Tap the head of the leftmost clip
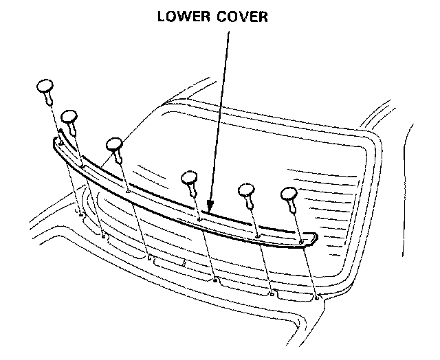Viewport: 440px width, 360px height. coord(45,87)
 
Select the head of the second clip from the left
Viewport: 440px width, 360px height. coord(70,117)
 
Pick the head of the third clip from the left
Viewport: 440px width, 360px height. coord(114,144)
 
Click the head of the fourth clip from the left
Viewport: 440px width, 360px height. coord(190,178)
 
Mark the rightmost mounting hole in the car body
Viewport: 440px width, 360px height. coord(316,297)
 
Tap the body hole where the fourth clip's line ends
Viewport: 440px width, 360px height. coord(216,280)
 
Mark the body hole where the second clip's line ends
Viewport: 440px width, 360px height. coord(104,236)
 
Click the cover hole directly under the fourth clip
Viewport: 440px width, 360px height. coord(199,220)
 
